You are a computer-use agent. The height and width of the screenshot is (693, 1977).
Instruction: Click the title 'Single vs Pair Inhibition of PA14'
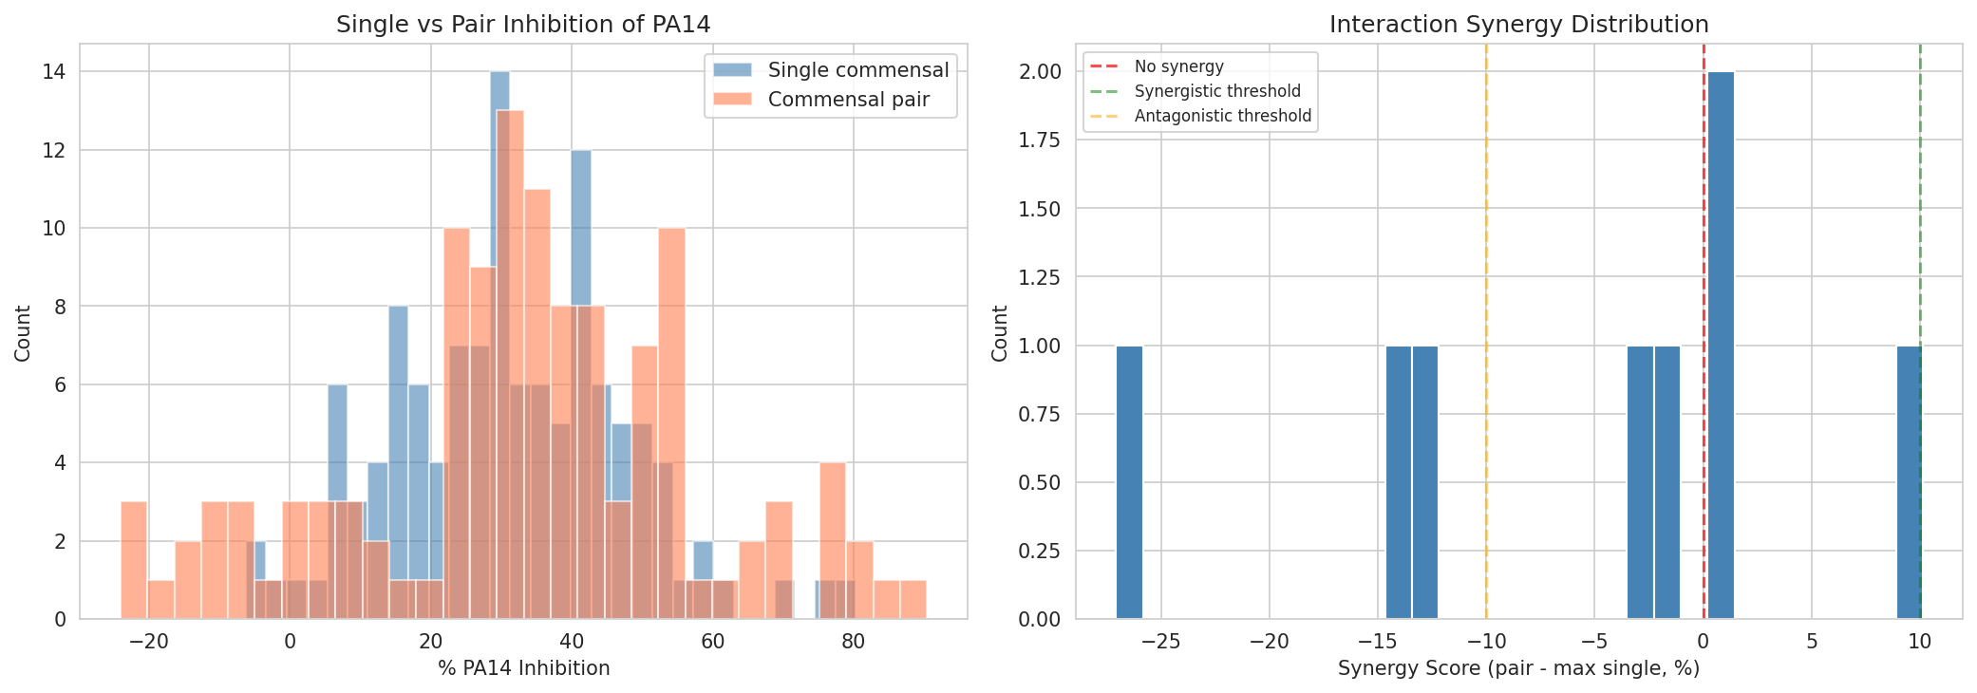coord(523,25)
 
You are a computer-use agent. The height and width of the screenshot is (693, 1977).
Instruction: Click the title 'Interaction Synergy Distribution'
coord(1518,25)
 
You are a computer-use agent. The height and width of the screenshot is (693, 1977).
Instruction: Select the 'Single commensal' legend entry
coord(857,70)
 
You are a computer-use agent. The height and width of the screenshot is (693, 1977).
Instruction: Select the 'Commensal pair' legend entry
coord(848,100)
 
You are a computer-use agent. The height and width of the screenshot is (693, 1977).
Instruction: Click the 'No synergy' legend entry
coord(1178,66)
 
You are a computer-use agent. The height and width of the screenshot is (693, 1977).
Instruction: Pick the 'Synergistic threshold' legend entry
coord(1217,91)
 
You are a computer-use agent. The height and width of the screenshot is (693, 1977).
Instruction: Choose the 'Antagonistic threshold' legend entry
coord(1222,116)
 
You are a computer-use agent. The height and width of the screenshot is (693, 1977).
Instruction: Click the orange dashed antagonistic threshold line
coord(1486,380)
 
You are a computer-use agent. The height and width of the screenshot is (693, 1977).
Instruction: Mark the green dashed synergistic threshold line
coord(1920,237)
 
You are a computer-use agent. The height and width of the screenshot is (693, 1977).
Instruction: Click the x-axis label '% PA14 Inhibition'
coord(523,668)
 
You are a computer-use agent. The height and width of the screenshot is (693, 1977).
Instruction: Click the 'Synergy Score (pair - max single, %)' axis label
coord(1518,668)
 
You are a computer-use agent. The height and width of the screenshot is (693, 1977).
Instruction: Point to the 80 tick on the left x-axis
coord(854,642)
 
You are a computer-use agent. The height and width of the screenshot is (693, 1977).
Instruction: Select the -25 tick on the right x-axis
coord(1160,642)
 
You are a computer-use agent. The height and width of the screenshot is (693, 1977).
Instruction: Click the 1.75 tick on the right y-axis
coord(1040,140)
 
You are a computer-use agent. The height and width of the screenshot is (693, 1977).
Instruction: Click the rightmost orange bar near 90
coord(913,600)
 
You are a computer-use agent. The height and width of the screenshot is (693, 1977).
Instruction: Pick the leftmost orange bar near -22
coord(134,560)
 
